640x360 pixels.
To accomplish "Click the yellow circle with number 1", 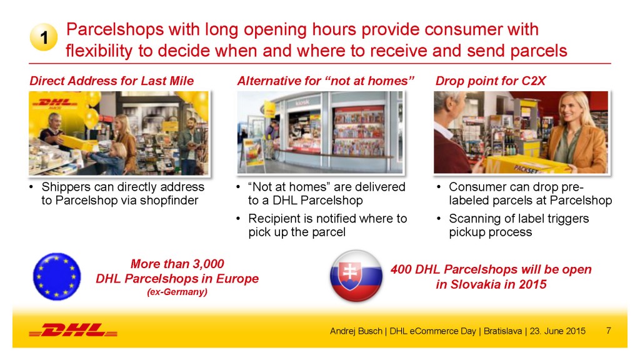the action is pyautogui.click(x=44, y=37).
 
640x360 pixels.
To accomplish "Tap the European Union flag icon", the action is pyautogui.click(x=57, y=277).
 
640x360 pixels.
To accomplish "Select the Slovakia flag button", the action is pyautogui.click(x=356, y=276).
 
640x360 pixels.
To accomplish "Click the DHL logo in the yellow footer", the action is pyautogui.click(x=73, y=330).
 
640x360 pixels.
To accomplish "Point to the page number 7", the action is pyautogui.click(x=609, y=331).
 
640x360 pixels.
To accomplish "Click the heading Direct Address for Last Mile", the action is pyautogui.click(x=111, y=81).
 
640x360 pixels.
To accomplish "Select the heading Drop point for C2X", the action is pyautogui.click(x=490, y=81).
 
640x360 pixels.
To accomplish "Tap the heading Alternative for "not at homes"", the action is pyautogui.click(x=326, y=81).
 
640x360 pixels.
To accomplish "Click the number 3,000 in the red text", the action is pyautogui.click(x=208, y=264).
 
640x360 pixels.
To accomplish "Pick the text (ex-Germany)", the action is pyautogui.click(x=177, y=292).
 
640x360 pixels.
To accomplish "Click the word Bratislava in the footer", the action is pyautogui.click(x=502, y=331).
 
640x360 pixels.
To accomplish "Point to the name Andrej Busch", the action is pyautogui.click(x=356, y=331).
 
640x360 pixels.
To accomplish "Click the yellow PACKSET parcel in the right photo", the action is pyautogui.click(x=526, y=164).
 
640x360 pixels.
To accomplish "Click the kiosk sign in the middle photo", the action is pyautogui.click(x=302, y=102).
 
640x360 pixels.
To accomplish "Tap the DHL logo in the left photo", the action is pyautogui.click(x=55, y=103).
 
